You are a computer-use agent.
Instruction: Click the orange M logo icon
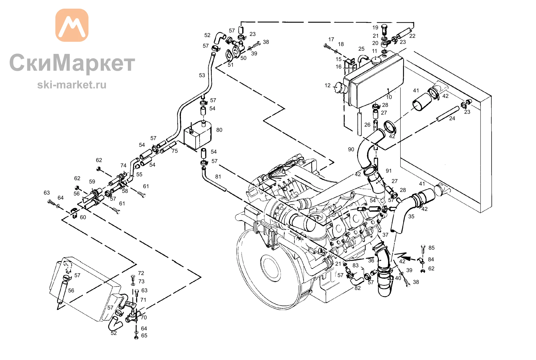(x=72, y=25)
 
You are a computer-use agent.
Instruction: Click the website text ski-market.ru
(x=72, y=85)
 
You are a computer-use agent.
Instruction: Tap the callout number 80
(x=219, y=130)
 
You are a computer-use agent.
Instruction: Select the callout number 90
(x=351, y=150)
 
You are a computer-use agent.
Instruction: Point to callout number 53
(x=202, y=76)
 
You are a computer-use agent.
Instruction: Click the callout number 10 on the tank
(x=389, y=97)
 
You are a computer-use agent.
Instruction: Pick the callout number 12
(x=327, y=86)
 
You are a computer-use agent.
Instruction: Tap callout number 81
(x=218, y=177)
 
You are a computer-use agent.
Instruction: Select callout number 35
(x=411, y=217)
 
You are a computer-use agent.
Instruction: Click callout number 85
(x=431, y=248)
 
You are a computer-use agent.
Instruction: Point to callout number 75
(x=175, y=151)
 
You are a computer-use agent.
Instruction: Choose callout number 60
(x=83, y=217)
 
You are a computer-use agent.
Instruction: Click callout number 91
(x=389, y=171)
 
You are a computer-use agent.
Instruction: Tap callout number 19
(x=375, y=28)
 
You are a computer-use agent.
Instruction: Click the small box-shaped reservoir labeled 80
(x=198, y=135)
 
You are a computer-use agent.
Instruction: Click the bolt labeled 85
(x=423, y=249)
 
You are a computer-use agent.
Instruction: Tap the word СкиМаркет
(x=72, y=63)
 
